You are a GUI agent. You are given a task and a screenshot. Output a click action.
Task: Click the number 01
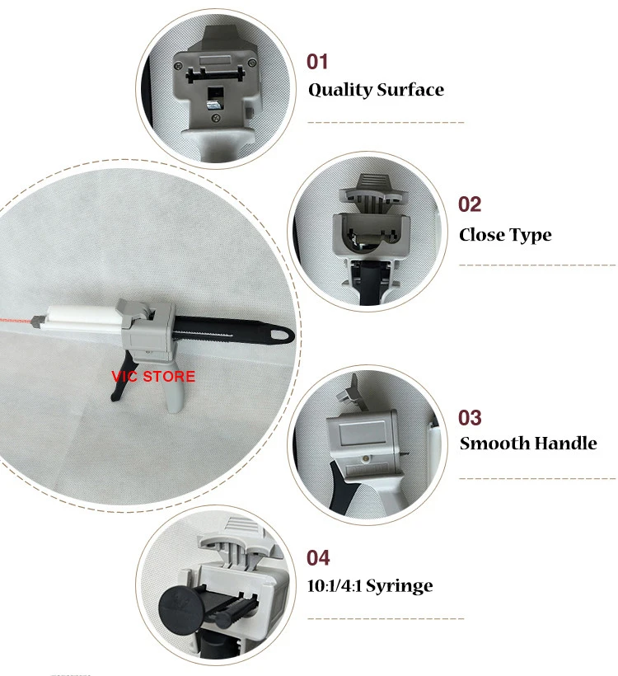[x=317, y=62]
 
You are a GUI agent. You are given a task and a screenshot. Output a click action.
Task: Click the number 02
[x=470, y=204]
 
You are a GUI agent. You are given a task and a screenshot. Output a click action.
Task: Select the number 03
[x=470, y=417]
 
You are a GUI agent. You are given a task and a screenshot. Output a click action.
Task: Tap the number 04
[x=318, y=558]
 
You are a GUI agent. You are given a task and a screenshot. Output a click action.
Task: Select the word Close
[x=481, y=235]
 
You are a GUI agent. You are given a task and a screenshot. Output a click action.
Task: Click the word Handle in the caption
[x=564, y=444]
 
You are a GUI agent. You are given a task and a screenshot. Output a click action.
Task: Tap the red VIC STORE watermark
[x=153, y=377]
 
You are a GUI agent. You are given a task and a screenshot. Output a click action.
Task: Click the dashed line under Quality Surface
[x=386, y=122]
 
